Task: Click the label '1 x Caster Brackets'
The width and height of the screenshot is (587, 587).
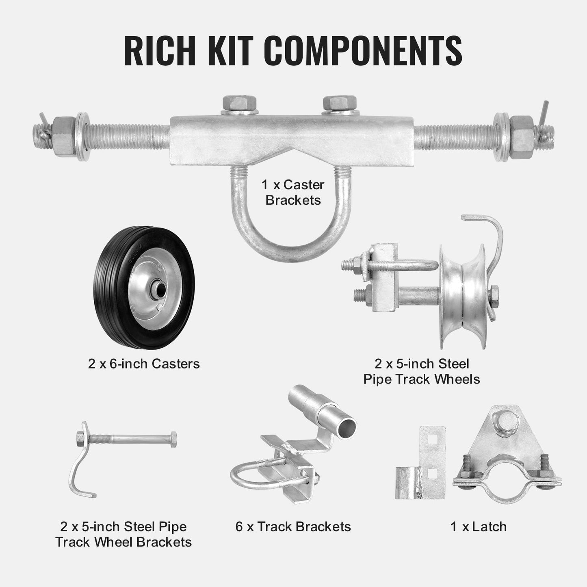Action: [x=293, y=193]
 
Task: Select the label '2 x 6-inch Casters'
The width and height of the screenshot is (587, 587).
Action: [x=144, y=364]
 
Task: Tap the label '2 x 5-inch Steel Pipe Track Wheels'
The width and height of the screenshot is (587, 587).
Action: [x=422, y=371]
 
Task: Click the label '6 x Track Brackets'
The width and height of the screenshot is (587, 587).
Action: [x=293, y=527]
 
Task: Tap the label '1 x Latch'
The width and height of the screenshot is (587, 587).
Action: [x=479, y=527]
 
